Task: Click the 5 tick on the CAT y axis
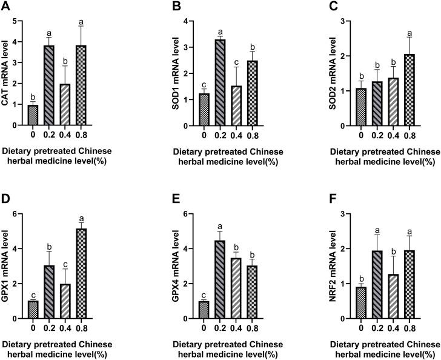(19, 21)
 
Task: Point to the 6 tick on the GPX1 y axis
(19, 214)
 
